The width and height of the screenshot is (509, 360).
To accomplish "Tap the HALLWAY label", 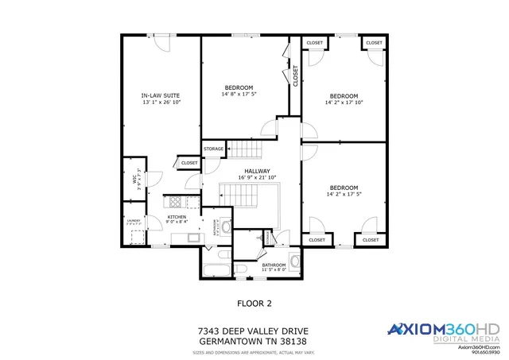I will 257,171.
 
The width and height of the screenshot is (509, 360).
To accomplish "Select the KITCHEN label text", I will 177,217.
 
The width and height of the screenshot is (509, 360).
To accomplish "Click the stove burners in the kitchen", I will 174,202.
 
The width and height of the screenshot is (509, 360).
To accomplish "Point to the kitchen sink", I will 192,237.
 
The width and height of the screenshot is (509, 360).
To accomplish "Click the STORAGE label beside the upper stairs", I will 213,149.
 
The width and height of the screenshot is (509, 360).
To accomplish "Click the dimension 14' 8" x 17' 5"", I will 239,95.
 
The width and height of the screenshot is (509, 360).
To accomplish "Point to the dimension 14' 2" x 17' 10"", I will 344,102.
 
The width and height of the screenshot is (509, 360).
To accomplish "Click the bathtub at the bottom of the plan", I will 214,271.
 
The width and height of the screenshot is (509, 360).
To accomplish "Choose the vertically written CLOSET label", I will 295,75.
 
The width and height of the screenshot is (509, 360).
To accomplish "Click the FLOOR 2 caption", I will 254,303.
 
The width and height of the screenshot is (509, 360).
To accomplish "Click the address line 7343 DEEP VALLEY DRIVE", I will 253,331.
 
